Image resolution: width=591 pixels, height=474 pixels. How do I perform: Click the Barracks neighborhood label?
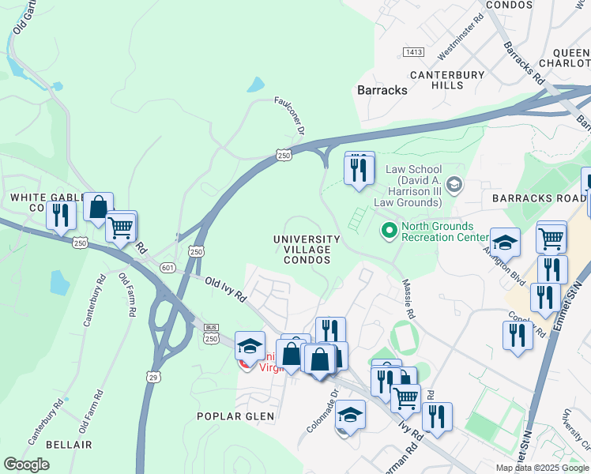click(x=382, y=90)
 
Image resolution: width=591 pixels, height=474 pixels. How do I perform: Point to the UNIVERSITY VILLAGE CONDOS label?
click(x=307, y=250)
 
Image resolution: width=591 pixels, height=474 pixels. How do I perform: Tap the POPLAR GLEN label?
click(x=235, y=416)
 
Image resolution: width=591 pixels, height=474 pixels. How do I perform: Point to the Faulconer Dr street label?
click(x=289, y=115)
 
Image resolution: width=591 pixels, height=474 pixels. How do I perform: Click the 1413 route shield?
click(x=412, y=52)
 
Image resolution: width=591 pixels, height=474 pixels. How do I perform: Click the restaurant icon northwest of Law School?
click(x=359, y=169)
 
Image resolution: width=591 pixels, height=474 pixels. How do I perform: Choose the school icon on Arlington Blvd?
click(x=505, y=243)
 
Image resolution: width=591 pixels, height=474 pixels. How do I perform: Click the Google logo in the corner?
click(x=26, y=465)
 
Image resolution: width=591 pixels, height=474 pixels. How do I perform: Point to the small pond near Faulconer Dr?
click(x=255, y=85)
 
